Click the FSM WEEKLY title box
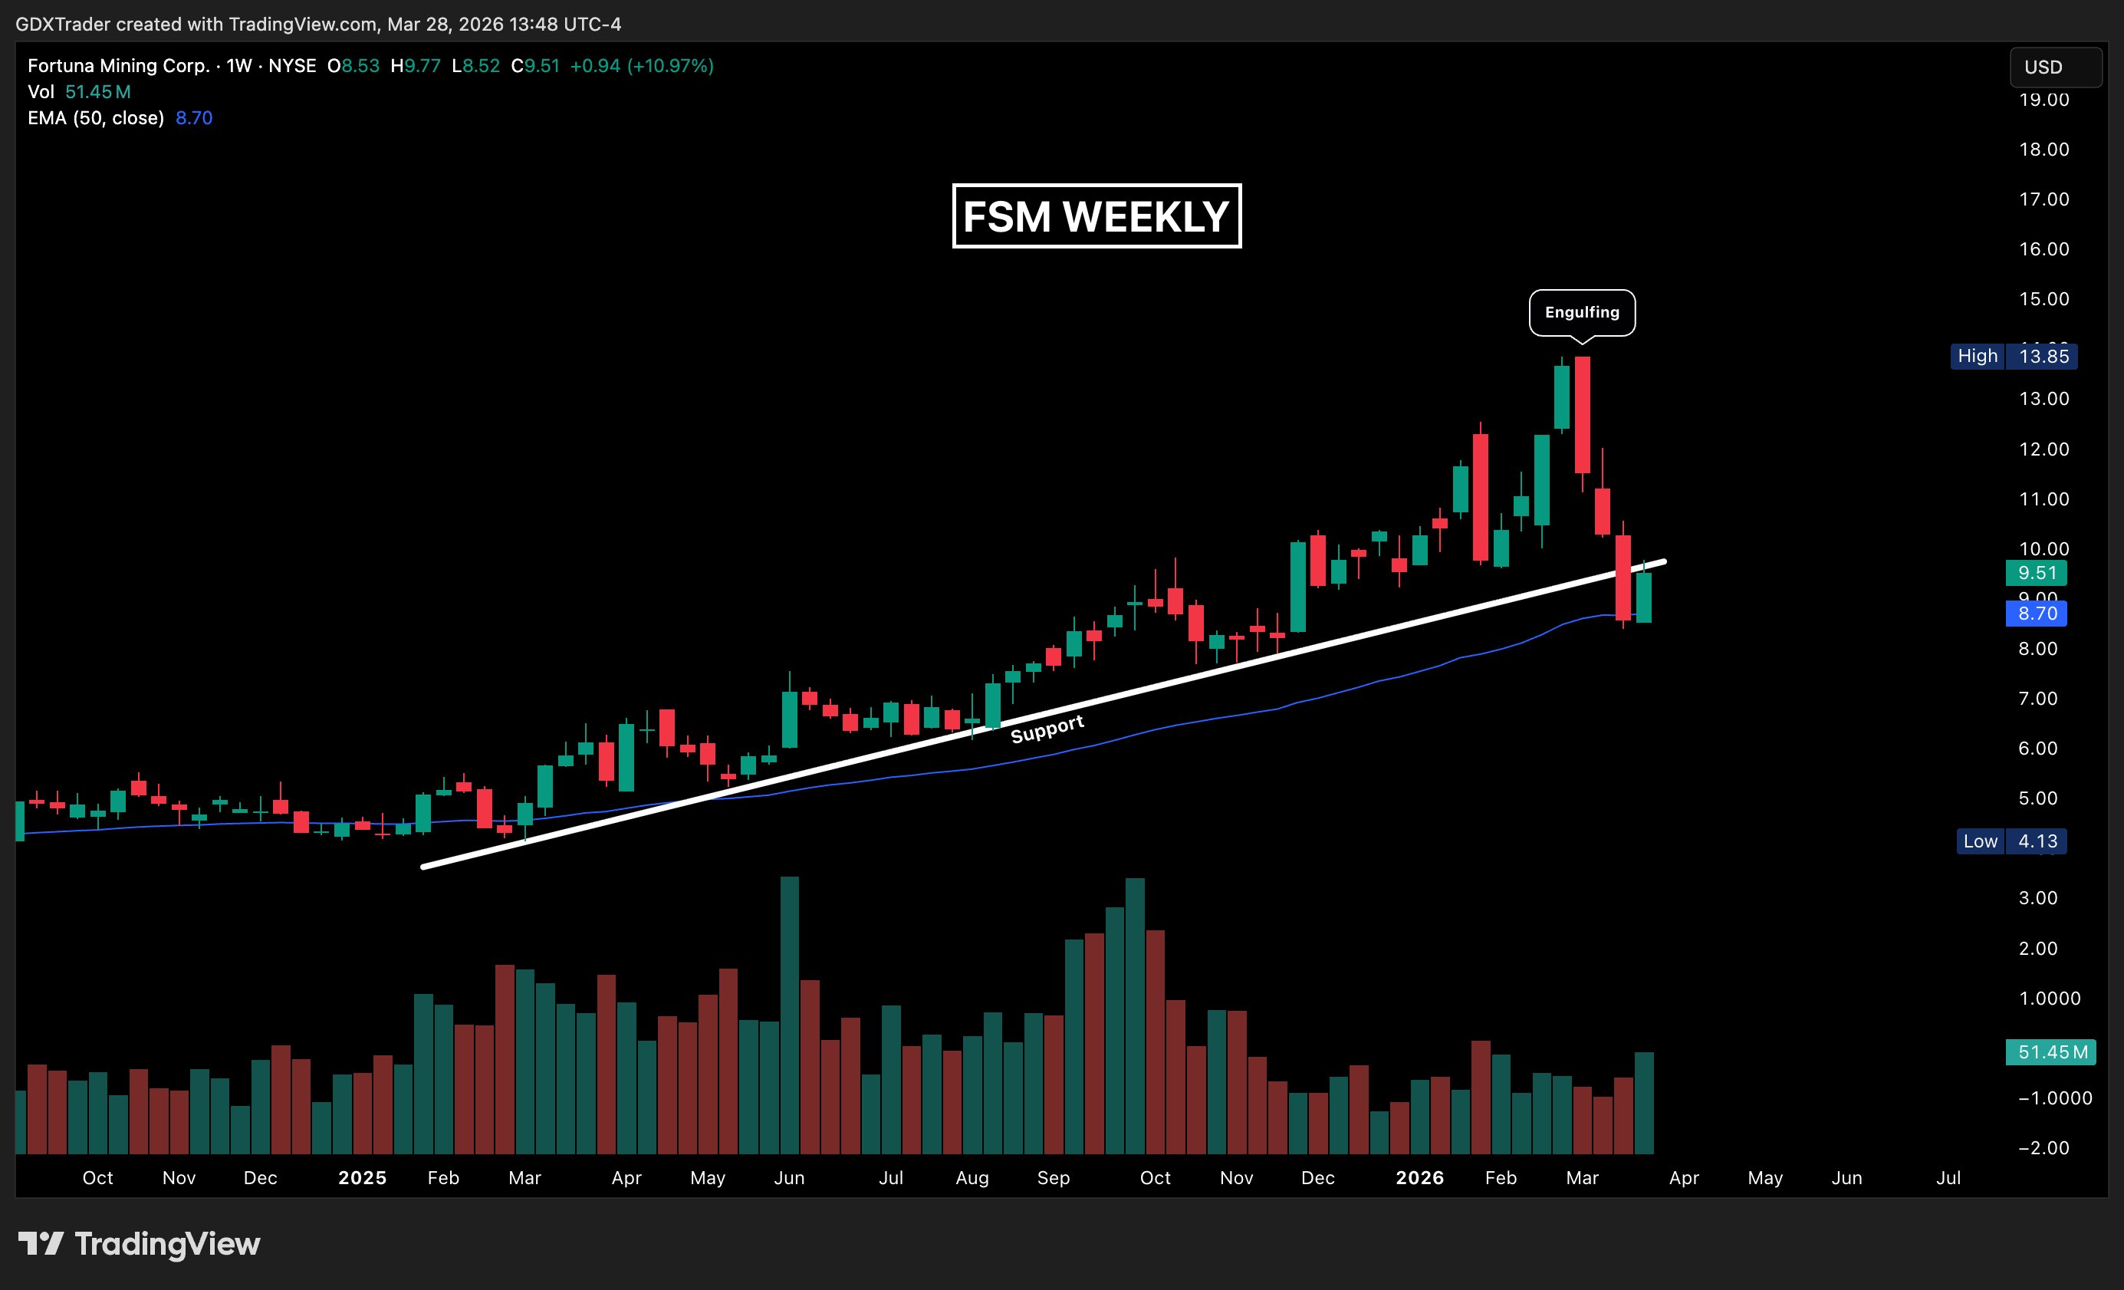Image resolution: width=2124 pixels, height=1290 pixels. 1096,216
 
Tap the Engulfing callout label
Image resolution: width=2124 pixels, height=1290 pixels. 1581,312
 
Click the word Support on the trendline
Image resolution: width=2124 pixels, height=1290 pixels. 1047,729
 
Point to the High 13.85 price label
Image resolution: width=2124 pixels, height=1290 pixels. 2013,356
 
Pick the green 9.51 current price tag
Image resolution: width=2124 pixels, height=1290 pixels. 2036,573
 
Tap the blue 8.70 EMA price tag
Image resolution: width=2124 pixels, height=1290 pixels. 2036,613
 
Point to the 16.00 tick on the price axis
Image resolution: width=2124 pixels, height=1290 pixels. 2043,249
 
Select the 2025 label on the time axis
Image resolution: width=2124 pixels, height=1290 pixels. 362,1178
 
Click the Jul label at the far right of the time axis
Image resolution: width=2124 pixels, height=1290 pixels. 1948,1178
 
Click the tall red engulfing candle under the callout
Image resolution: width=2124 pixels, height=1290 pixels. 1582,414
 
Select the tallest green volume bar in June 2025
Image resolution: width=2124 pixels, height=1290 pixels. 789,1015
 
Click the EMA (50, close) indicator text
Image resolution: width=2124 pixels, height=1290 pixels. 96,118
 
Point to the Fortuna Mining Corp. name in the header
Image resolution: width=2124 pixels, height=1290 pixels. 119,65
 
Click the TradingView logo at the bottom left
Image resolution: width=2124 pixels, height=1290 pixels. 140,1243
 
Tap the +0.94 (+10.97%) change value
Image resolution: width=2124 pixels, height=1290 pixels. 641,65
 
